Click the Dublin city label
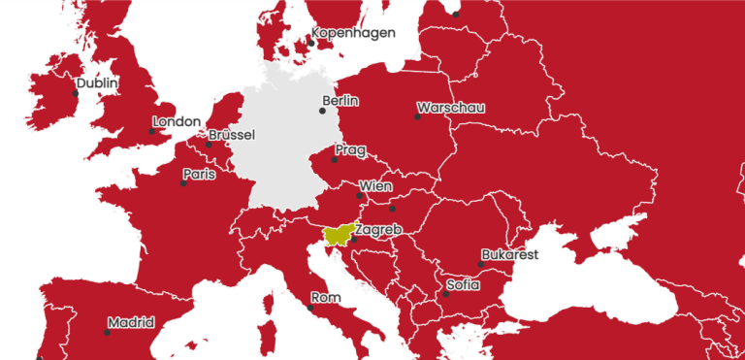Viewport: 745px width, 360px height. pyautogui.click(x=97, y=83)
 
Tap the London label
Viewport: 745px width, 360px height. pyautogui.click(x=177, y=122)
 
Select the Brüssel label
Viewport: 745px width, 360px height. pyautogui.click(x=232, y=135)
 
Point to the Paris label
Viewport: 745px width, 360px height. pyautogui.click(x=199, y=174)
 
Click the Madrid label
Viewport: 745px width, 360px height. pyautogui.click(x=131, y=323)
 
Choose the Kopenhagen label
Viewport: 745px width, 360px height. pyautogui.click(x=353, y=33)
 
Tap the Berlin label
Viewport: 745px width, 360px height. pyautogui.click(x=340, y=101)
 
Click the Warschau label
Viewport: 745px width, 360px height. pyautogui.click(x=450, y=108)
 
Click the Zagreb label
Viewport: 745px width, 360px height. pyautogui.click(x=378, y=229)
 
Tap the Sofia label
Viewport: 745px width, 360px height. pyautogui.click(x=463, y=285)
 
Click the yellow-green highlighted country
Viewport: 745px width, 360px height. pyautogui.click(x=338, y=235)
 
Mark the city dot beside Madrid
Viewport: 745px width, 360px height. pyautogui.click(x=107, y=333)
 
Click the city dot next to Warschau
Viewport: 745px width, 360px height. pyautogui.click(x=417, y=116)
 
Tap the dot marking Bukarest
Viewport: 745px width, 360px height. pyautogui.click(x=480, y=264)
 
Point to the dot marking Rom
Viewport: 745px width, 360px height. pyautogui.click(x=310, y=308)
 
